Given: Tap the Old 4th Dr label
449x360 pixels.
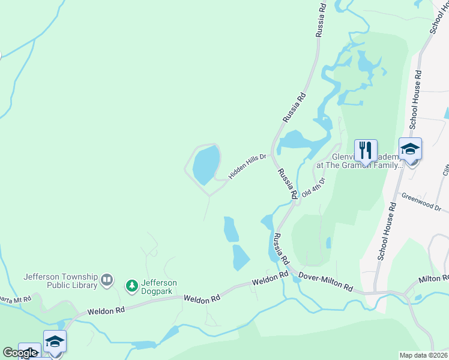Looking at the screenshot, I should pos(313,187).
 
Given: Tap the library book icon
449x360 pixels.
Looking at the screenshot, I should pos(107,279).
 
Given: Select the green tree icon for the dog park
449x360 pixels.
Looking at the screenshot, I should pos(131,286).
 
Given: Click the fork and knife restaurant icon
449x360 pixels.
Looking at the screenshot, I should pos(366,149).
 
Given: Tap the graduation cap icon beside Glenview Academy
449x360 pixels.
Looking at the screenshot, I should pos(411,149).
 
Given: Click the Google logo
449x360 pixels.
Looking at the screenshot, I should pos(19,353).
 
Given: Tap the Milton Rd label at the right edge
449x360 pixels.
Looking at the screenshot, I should pos(433,279).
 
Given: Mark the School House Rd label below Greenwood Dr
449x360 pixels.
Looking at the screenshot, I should pos(387,230).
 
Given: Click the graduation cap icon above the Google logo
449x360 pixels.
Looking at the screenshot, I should pos(55,341).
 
